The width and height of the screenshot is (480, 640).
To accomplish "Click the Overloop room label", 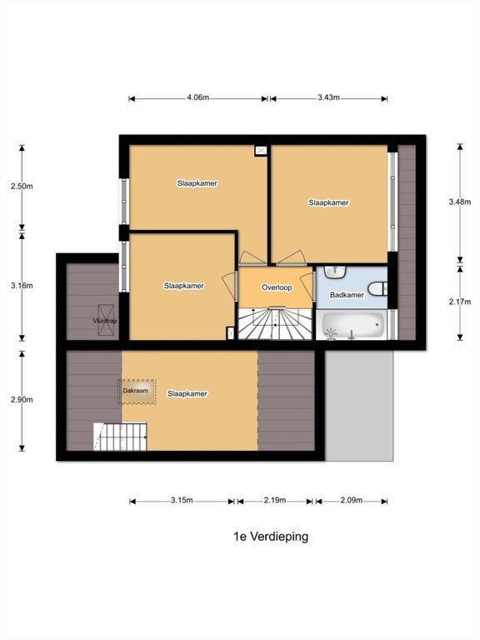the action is [277, 287].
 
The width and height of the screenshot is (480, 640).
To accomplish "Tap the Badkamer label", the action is [347, 295].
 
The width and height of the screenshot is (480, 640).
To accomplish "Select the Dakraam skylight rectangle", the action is [137, 392].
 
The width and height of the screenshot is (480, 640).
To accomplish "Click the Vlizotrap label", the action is [105, 321].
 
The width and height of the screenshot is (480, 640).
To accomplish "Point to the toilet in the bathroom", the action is [377, 289].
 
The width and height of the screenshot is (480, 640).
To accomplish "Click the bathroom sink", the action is [336, 272].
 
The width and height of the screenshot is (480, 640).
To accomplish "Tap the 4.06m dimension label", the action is [198, 97].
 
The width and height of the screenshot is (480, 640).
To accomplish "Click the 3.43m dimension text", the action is [328, 97].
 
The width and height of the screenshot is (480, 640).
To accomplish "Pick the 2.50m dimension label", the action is [22, 186].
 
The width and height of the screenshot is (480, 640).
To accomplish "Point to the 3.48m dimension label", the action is [460, 202].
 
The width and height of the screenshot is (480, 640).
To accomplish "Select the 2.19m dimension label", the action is [275, 500].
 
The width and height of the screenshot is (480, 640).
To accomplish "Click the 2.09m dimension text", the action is [352, 500].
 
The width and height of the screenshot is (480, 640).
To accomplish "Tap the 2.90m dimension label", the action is [22, 400].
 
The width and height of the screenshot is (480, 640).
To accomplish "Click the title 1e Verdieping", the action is [271, 537].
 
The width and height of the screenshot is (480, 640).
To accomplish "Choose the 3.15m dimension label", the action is [182, 500].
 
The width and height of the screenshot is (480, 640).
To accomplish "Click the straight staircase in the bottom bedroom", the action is [120, 437].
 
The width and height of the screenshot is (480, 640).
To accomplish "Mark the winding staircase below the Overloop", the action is [277, 324].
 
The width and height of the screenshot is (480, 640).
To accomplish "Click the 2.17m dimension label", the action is [460, 302].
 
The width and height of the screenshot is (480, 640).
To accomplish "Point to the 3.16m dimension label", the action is [22, 286].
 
